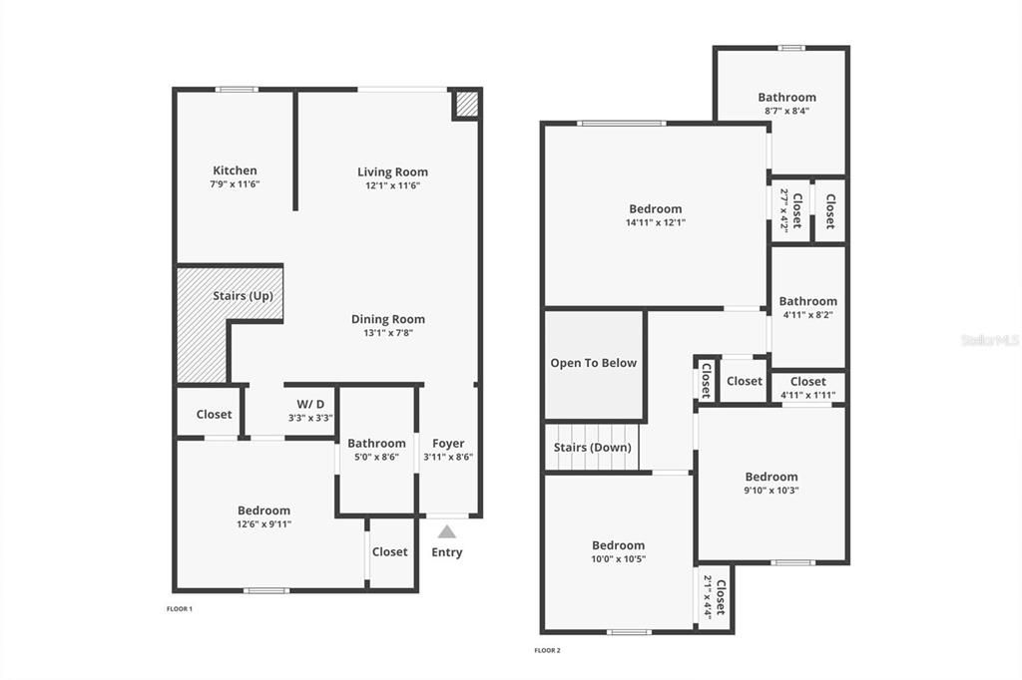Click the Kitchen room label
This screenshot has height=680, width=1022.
(235, 170)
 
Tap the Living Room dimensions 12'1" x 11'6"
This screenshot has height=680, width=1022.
(392, 185)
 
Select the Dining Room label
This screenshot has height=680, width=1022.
(388, 319)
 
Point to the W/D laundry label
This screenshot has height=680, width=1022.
(310, 404)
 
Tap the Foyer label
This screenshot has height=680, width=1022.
(448, 444)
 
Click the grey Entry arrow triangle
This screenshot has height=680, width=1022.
(447, 531)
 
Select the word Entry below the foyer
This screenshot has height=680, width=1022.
(447, 552)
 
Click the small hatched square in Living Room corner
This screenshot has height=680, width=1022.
(466, 104)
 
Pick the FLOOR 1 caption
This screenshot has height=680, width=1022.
(179, 608)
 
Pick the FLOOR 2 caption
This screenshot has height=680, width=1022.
(547, 651)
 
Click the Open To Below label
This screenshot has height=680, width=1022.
(593, 363)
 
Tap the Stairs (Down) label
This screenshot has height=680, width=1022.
(593, 448)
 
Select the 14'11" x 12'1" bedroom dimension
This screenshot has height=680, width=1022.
(656, 222)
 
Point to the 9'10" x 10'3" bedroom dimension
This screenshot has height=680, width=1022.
(771, 490)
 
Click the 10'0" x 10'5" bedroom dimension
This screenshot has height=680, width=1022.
(619, 558)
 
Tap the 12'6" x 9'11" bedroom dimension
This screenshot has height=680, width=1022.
(263, 523)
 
